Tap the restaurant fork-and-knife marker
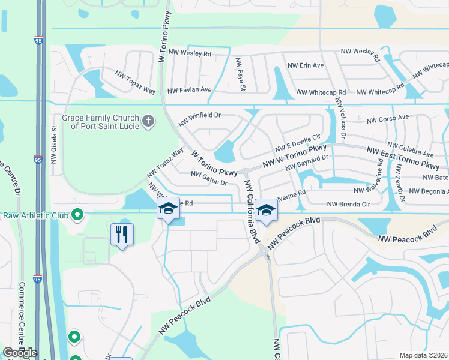[x=122, y=234]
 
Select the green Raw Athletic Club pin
[x=77, y=214]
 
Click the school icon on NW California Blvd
[x=266, y=209]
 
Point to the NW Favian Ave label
[x=190, y=90]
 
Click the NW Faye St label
[x=241, y=74]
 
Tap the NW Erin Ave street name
[x=306, y=65]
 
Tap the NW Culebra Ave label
[x=410, y=146]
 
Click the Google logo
[x=20, y=353]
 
